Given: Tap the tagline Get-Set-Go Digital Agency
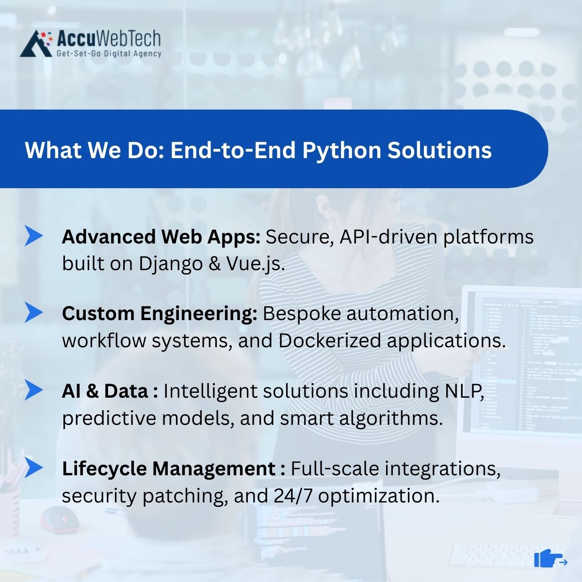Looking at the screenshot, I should (x=109, y=53).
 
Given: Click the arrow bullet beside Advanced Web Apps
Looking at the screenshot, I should (x=33, y=236).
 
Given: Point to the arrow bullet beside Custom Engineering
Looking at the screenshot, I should (x=33, y=312).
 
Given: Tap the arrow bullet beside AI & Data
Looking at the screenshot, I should (x=33, y=389).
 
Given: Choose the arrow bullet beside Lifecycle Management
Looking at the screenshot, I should (x=33, y=467).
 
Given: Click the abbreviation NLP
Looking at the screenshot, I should (x=465, y=391).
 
